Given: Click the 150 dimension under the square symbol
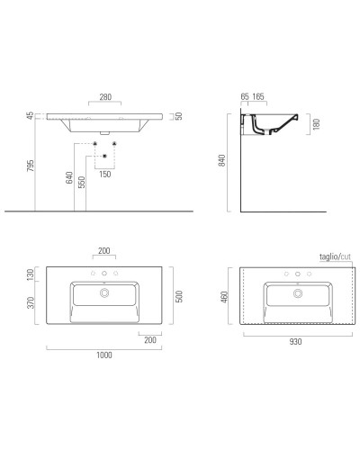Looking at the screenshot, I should point(104,175).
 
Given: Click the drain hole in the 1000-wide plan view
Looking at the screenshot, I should point(104,292).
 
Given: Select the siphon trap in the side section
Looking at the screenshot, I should point(263,130).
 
